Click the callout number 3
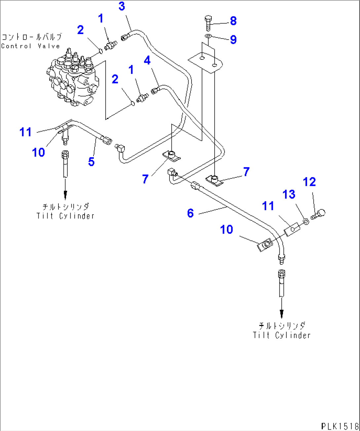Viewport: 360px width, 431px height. [x=122, y=6]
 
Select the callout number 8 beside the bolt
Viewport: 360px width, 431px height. [x=233, y=21]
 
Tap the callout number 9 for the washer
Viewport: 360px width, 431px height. [x=233, y=40]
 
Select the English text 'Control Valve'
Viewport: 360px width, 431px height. [x=30, y=46]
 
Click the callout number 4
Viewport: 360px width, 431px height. [x=147, y=60]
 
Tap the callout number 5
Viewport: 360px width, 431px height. [x=91, y=162]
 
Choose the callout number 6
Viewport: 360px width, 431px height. [x=190, y=213]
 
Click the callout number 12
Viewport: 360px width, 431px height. [x=309, y=182]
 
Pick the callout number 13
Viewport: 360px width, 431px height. [x=289, y=194]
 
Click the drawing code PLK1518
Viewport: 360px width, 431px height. [x=340, y=426]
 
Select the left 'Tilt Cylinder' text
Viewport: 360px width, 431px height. [x=65, y=216]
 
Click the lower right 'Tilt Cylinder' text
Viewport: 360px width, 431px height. [x=282, y=335]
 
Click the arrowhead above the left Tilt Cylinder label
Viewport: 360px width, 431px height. [x=65, y=195]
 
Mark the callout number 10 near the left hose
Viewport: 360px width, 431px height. [x=38, y=153]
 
